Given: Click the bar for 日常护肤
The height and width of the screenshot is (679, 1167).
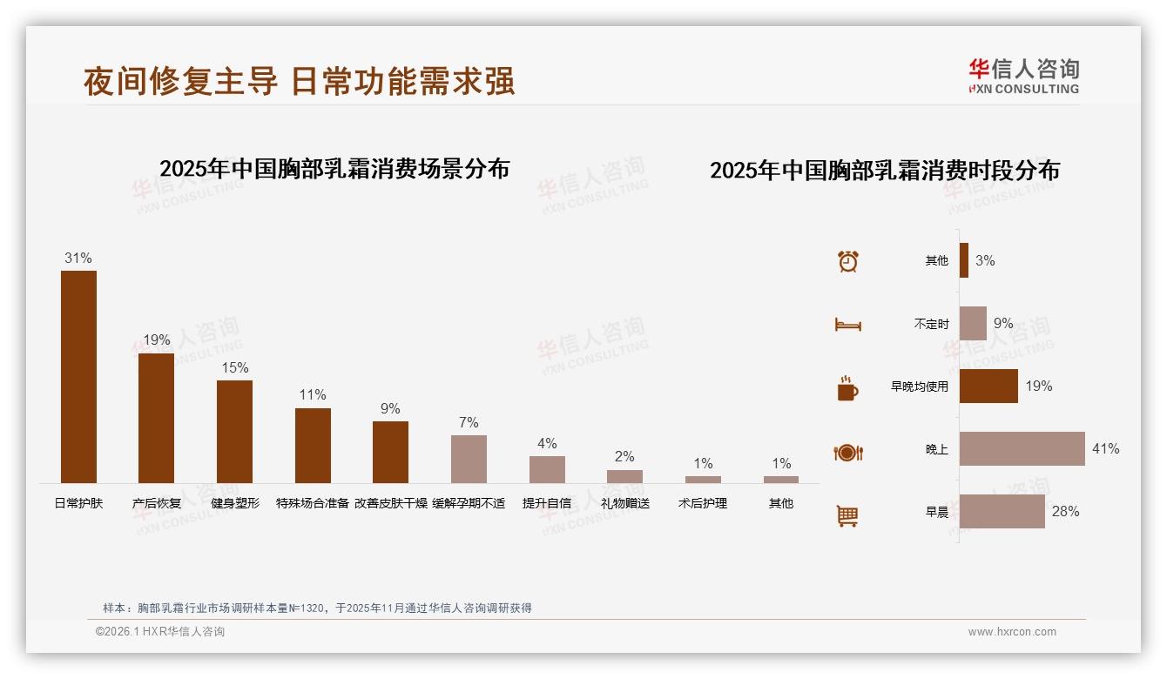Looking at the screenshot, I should [78, 376].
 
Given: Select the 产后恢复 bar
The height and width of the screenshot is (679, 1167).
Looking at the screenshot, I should [156, 418].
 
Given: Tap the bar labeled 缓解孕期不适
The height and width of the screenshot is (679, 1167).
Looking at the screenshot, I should [469, 459].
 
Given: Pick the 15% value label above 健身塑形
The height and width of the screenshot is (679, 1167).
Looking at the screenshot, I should [234, 367].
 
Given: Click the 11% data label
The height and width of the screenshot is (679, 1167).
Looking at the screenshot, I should [313, 395].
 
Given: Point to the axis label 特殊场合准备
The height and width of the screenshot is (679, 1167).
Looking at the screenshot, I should [313, 503].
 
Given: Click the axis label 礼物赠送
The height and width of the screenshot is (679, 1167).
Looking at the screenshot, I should [624, 503].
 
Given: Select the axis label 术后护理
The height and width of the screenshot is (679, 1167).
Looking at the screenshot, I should [703, 503].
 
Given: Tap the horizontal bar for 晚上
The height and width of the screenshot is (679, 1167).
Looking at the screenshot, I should [1022, 448].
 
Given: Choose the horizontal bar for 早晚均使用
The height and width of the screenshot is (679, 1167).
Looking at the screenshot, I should [988, 386].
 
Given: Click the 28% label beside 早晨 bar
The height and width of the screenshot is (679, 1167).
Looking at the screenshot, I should [1065, 512].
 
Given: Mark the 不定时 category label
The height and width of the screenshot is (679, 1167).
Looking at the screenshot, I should [931, 324].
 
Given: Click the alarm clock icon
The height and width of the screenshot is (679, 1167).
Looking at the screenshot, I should [848, 261].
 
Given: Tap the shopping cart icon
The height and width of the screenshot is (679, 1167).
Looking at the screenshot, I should [847, 516].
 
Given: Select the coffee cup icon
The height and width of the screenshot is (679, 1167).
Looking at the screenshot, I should [847, 388].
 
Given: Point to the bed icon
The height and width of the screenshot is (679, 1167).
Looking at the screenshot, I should [847, 325].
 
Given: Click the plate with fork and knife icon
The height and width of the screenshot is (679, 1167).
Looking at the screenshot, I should [847, 453].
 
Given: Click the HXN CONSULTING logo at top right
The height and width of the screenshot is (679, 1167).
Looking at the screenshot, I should [1023, 77].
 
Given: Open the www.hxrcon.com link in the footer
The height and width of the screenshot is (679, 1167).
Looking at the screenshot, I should [1012, 632].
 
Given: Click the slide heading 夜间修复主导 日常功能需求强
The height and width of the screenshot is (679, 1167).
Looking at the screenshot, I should [299, 81].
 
